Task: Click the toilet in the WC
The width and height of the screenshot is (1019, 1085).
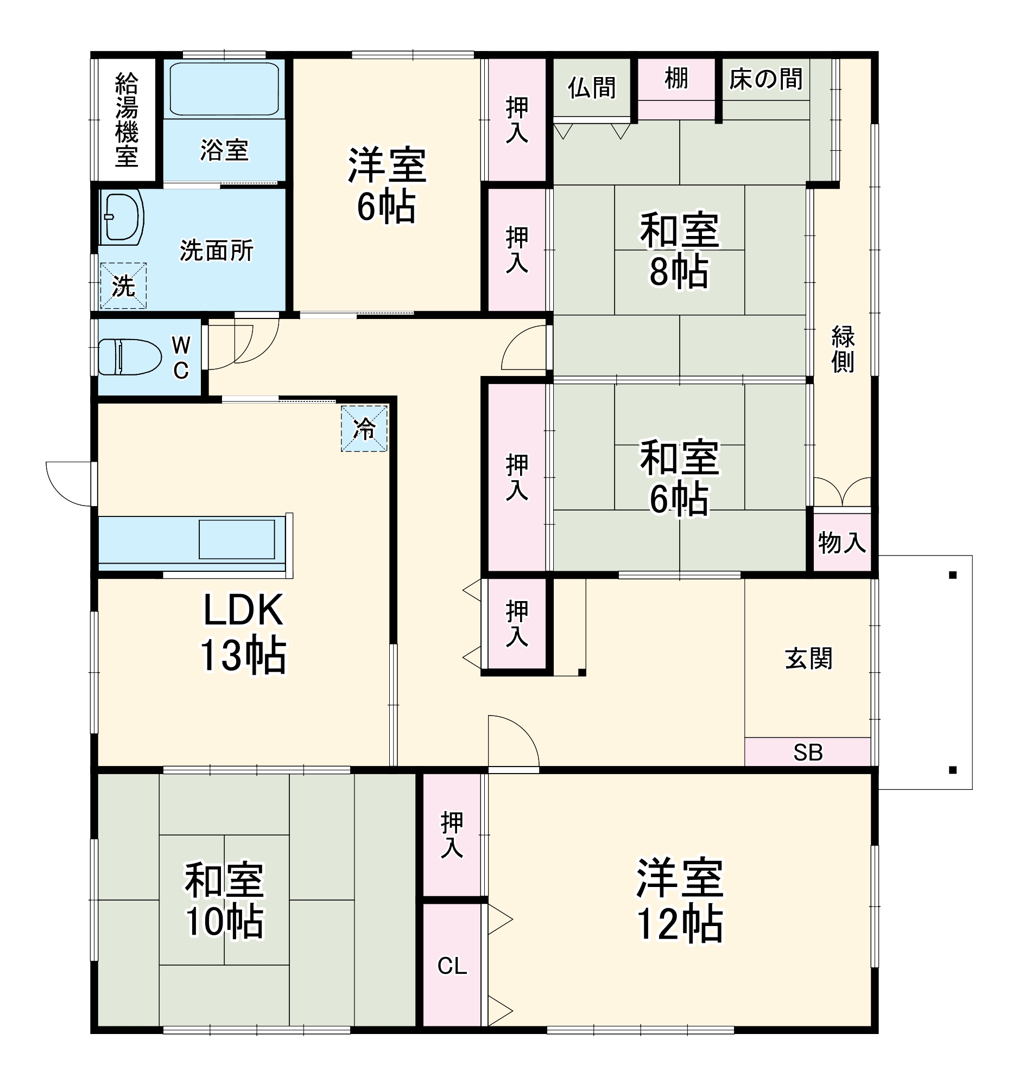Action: click(130, 357)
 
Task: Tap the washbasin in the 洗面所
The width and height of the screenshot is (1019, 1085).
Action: click(121, 216)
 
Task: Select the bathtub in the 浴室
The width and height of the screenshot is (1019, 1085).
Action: click(224, 89)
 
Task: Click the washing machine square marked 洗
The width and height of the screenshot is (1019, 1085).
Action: click(123, 285)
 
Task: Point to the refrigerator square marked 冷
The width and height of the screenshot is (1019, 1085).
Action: click(364, 429)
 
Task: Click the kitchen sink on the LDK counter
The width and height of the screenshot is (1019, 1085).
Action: click(237, 539)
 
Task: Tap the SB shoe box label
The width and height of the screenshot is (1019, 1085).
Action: click(808, 752)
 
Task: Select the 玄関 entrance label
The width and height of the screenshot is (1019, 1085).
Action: click(808, 659)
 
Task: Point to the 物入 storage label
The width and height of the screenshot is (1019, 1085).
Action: click(841, 542)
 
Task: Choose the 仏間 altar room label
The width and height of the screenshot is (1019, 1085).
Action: click(592, 87)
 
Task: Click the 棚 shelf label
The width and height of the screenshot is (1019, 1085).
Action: click(676, 79)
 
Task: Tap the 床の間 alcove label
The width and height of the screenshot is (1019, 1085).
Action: click(765, 79)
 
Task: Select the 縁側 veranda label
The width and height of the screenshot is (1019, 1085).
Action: click(843, 349)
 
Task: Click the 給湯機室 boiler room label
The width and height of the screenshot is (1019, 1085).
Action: click(126, 119)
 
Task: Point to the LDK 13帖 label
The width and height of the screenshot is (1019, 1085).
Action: click(243, 633)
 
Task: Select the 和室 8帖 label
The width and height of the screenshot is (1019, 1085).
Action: click(679, 250)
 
